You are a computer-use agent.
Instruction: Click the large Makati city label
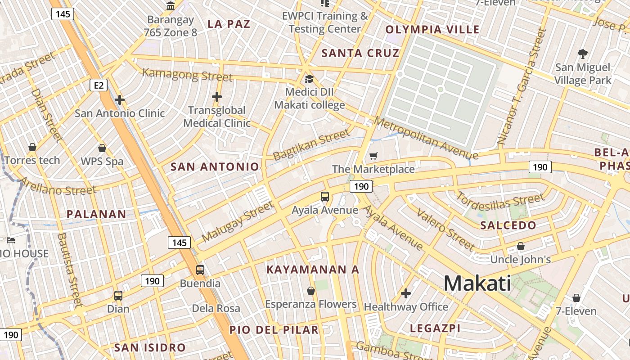(477, 283)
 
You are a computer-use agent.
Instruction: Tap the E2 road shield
(99, 85)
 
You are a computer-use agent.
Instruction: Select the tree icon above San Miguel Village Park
(583, 54)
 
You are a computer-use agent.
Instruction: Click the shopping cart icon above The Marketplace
(373, 156)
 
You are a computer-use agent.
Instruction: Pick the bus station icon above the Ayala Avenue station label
(325, 197)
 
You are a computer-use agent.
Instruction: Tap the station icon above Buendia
(200, 270)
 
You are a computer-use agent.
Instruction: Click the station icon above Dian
(118, 296)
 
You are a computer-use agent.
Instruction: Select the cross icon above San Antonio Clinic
(120, 100)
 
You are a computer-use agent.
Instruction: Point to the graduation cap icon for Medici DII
(309, 79)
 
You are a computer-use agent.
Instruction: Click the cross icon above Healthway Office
(406, 294)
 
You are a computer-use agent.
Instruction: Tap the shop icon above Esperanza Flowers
(310, 291)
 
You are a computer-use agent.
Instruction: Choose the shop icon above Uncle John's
(521, 246)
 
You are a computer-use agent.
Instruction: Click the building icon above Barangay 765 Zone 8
(171, 6)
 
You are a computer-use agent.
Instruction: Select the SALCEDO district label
(508, 225)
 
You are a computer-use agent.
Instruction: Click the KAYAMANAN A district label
(313, 270)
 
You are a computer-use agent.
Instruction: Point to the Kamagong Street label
(187, 75)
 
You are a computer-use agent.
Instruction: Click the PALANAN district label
(96, 214)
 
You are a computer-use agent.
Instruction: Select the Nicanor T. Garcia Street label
(522, 85)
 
